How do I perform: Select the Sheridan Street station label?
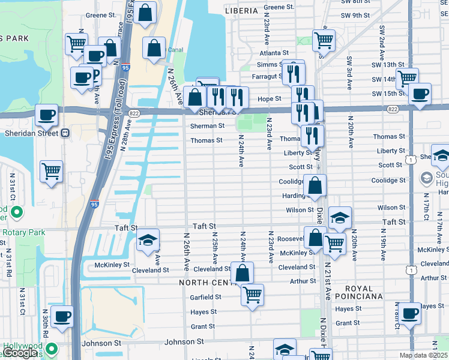[x=31, y=133]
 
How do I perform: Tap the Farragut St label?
[x=267, y=76]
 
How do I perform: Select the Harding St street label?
[x=294, y=196]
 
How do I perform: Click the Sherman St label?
[x=207, y=126]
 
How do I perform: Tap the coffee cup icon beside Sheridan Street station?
[x=47, y=115]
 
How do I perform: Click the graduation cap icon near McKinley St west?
[x=148, y=240]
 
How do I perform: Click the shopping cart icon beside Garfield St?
[x=253, y=295]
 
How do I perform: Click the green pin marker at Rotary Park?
[x=16, y=212]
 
